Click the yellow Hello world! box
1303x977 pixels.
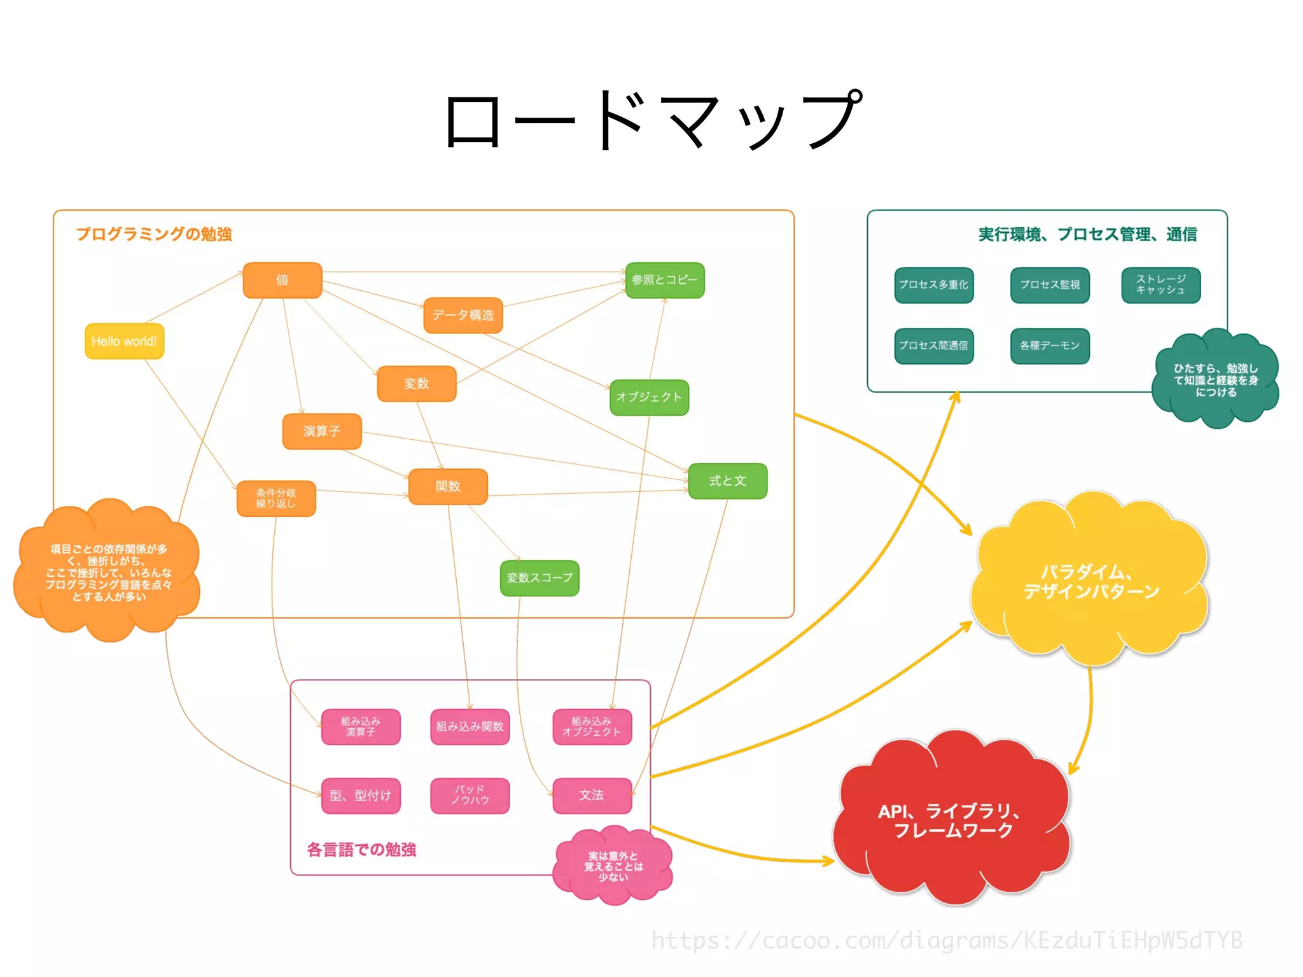point(124,341)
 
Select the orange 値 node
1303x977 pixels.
point(282,280)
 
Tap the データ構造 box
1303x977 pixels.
point(463,315)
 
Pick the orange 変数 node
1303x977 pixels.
point(416,383)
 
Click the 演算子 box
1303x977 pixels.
point(321,431)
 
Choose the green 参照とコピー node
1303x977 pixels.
point(664,280)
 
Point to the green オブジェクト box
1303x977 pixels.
point(649,397)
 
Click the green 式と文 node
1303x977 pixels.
point(727,481)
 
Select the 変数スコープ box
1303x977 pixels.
point(539,578)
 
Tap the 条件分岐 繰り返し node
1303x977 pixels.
point(275,498)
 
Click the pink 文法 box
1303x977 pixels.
point(592,795)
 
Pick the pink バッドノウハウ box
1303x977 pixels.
point(470,795)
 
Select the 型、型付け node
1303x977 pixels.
point(360,795)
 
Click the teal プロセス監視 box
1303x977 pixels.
point(1049,285)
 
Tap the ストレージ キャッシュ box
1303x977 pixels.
point(1160,285)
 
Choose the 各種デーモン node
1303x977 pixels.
point(1049,346)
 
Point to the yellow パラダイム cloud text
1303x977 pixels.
point(1090,581)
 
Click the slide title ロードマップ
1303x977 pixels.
point(651,120)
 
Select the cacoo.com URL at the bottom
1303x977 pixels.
point(946,940)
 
